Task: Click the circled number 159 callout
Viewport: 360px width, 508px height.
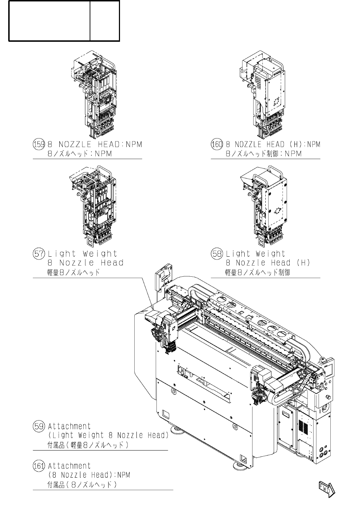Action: coord(39,145)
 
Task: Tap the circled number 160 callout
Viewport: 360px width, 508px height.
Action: coord(217,145)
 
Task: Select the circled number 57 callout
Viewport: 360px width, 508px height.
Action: coord(39,254)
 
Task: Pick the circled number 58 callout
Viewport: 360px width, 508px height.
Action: coord(217,254)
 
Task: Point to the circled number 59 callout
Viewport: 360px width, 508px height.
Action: coord(39,426)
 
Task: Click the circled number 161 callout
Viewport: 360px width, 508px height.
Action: coord(39,466)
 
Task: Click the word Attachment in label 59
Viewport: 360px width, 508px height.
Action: coord(69,426)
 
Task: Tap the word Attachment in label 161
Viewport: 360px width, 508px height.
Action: coord(69,466)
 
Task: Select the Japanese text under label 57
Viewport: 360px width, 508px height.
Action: coord(73,272)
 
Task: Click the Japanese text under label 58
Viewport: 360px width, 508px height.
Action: coord(257,272)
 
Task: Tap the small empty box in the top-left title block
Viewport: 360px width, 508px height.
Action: coord(105,21)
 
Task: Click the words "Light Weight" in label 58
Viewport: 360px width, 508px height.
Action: coord(255,254)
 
